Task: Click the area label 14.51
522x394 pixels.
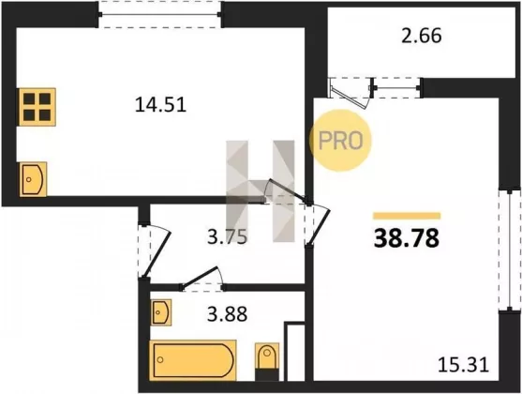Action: pos(160,104)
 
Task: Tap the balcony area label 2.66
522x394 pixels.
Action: pos(422,36)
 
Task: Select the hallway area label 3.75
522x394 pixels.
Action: pos(227,237)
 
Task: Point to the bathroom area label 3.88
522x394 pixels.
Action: pos(227,313)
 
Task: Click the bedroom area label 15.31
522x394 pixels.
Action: pos(463,364)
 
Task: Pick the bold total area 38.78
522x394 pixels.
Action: pos(407,238)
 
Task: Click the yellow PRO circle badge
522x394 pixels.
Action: pos(340,141)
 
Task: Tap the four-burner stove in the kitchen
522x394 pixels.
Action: pos(37,107)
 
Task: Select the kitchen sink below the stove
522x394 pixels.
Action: pos(33,179)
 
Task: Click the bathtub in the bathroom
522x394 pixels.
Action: pos(193,360)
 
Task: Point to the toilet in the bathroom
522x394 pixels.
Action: pos(267,361)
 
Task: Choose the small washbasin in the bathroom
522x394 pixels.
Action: pos(161,312)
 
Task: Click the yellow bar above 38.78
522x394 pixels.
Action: pos(407,216)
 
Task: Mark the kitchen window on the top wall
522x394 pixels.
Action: pos(160,14)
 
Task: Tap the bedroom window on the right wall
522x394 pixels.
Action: pos(510,250)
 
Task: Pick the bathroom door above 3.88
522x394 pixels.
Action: pos(202,278)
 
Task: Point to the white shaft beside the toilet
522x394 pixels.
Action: pos(294,352)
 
